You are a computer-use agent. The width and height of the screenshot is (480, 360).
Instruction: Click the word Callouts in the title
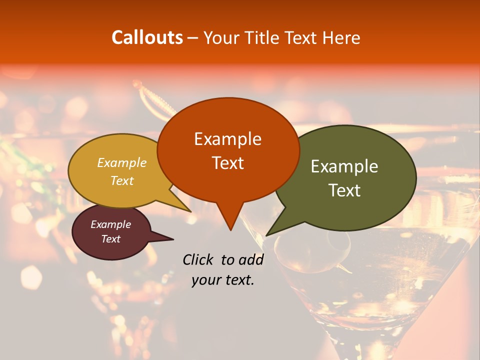tap(147, 37)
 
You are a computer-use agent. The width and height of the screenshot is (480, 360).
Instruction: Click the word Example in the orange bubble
tap(227, 139)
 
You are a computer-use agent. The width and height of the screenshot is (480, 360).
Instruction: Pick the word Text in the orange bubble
tap(227, 162)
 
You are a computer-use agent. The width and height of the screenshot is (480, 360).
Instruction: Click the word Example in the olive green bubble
tap(344, 166)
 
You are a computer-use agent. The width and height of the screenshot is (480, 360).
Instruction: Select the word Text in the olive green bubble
tap(344, 190)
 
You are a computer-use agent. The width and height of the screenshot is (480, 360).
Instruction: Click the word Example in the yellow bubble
tap(122, 162)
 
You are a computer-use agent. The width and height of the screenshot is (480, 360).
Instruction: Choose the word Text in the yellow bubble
tap(122, 180)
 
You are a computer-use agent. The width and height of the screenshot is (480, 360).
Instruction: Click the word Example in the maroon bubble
tap(110, 224)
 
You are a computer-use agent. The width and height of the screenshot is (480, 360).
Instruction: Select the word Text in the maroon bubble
tap(110, 239)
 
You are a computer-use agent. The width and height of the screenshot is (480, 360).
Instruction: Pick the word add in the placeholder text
tap(251, 259)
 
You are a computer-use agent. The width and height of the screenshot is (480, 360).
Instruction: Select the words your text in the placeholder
tap(223, 280)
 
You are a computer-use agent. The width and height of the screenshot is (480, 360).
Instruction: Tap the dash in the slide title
tap(193, 37)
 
